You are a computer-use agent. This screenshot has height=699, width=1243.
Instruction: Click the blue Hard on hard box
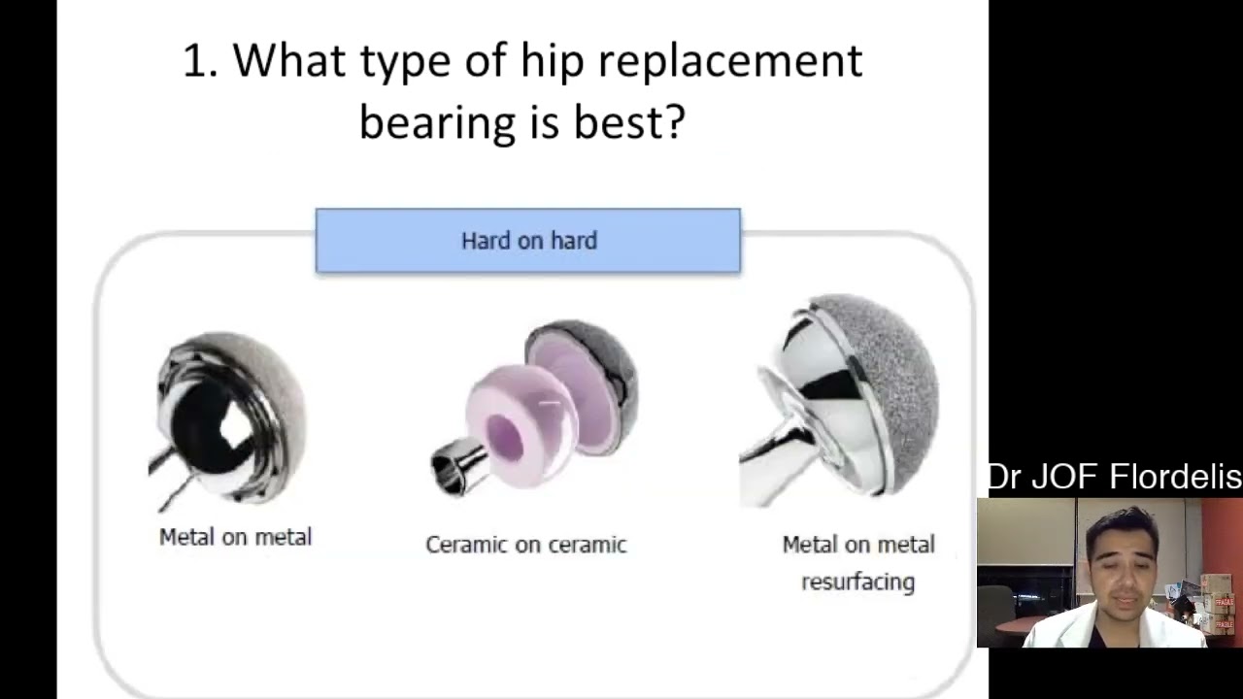pyautogui.click(x=527, y=240)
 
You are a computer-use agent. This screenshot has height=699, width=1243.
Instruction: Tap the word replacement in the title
pyautogui.click(x=729, y=60)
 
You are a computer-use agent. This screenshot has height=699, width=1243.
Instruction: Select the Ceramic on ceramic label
pyautogui.click(x=525, y=545)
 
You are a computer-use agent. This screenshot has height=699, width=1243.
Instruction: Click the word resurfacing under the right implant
pyautogui.click(x=857, y=582)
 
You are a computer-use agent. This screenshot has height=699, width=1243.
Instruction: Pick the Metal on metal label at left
pyautogui.click(x=235, y=537)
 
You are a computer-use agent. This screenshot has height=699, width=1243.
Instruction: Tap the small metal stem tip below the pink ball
pyautogui.click(x=454, y=469)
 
